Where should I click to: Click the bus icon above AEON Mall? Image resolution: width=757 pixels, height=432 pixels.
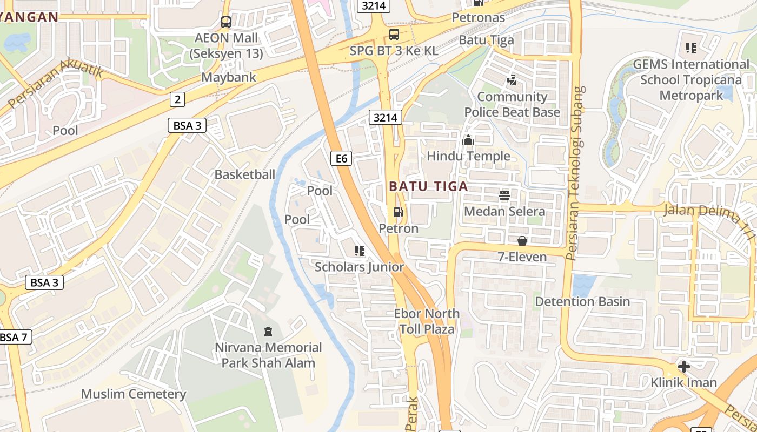[x=226, y=22]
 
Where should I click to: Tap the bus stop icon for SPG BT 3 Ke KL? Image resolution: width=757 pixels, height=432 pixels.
[x=394, y=35]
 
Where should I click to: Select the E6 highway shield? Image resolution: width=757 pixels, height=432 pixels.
[x=341, y=158]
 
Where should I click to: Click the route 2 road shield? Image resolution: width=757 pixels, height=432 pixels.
[x=177, y=99]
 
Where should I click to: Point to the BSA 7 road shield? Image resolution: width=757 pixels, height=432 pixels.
[x=14, y=337]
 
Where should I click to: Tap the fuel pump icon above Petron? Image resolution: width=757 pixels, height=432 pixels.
[x=398, y=212]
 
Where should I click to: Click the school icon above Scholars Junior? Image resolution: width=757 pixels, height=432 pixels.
[x=359, y=251]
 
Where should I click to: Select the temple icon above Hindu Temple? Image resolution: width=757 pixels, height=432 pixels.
[x=468, y=140]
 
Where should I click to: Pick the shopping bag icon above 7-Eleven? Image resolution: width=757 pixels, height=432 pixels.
[x=522, y=241]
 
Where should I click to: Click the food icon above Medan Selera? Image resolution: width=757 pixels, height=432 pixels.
[x=504, y=195]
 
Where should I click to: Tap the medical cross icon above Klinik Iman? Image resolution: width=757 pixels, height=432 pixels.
[x=683, y=367]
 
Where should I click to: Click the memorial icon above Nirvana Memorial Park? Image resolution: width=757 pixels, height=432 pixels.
[x=268, y=331]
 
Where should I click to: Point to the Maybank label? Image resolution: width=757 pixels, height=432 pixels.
[x=229, y=77]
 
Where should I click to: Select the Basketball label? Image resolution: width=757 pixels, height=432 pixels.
[x=245, y=174]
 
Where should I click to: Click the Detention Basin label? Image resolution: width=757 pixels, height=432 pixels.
[x=582, y=301]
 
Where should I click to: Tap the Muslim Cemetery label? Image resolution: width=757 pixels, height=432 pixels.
[x=134, y=394]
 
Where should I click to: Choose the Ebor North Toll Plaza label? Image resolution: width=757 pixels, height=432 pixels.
[x=427, y=321]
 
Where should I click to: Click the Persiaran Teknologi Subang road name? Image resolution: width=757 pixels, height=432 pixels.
[x=575, y=173]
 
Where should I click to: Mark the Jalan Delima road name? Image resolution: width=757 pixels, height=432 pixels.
[x=708, y=216]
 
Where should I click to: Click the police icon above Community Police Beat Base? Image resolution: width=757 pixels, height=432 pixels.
[x=512, y=81]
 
